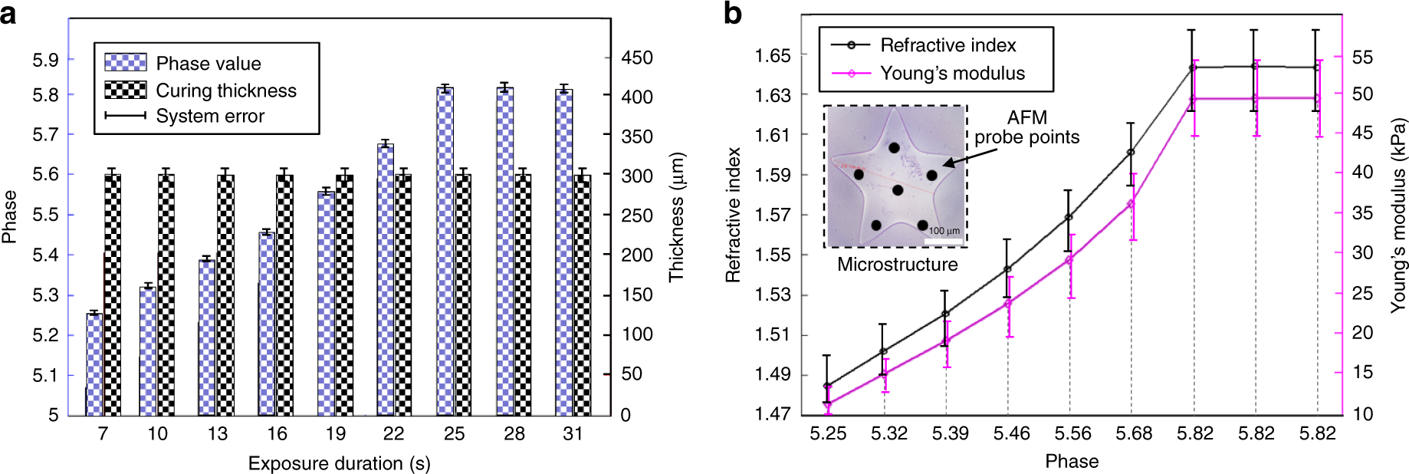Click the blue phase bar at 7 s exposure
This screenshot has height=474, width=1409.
94,364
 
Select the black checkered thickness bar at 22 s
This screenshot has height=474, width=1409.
403,295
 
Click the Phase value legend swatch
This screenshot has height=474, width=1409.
126,62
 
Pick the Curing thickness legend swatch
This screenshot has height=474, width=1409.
126,90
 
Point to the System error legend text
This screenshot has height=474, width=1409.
210,116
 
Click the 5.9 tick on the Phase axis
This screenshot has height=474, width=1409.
44,60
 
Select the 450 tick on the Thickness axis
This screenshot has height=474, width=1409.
637,58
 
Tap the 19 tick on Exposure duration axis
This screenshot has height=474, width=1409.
336,434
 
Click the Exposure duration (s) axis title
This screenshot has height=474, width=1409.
339,463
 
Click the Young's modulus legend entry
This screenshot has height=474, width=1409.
952,73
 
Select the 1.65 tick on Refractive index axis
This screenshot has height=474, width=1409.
772,55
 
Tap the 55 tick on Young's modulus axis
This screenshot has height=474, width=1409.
1362,58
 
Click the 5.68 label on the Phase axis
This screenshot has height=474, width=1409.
1133,433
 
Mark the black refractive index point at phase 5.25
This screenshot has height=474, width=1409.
827,386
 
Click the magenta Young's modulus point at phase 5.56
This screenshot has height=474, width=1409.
1069,260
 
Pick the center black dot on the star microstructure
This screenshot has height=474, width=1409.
898,189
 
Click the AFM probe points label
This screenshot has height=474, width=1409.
1026,127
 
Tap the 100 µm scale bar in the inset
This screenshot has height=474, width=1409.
944,241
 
